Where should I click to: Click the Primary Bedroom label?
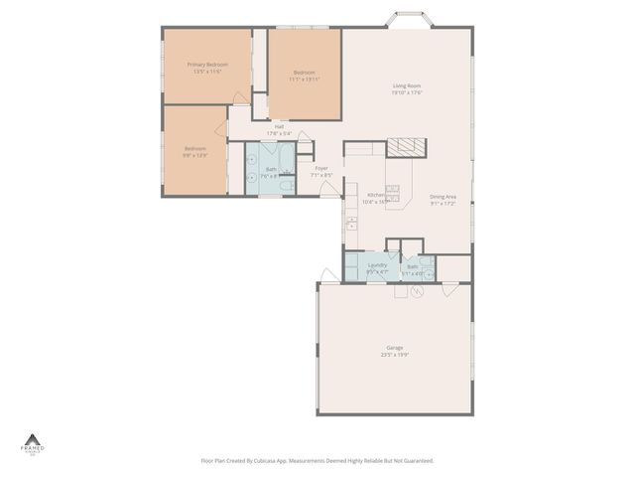point(207,65)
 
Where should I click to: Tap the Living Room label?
point(407,85)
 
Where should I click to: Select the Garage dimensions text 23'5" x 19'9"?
point(394,354)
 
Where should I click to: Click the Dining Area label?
point(443,197)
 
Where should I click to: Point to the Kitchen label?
point(376,195)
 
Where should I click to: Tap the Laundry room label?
point(377,265)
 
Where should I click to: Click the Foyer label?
point(321,168)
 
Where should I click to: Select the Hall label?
point(280,126)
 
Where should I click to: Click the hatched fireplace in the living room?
point(405,147)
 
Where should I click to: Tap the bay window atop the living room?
point(407,21)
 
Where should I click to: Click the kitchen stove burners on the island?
point(393,188)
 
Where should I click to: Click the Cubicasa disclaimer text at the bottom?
point(317,460)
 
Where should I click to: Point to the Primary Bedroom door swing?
point(240,97)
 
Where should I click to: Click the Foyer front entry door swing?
point(328,188)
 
